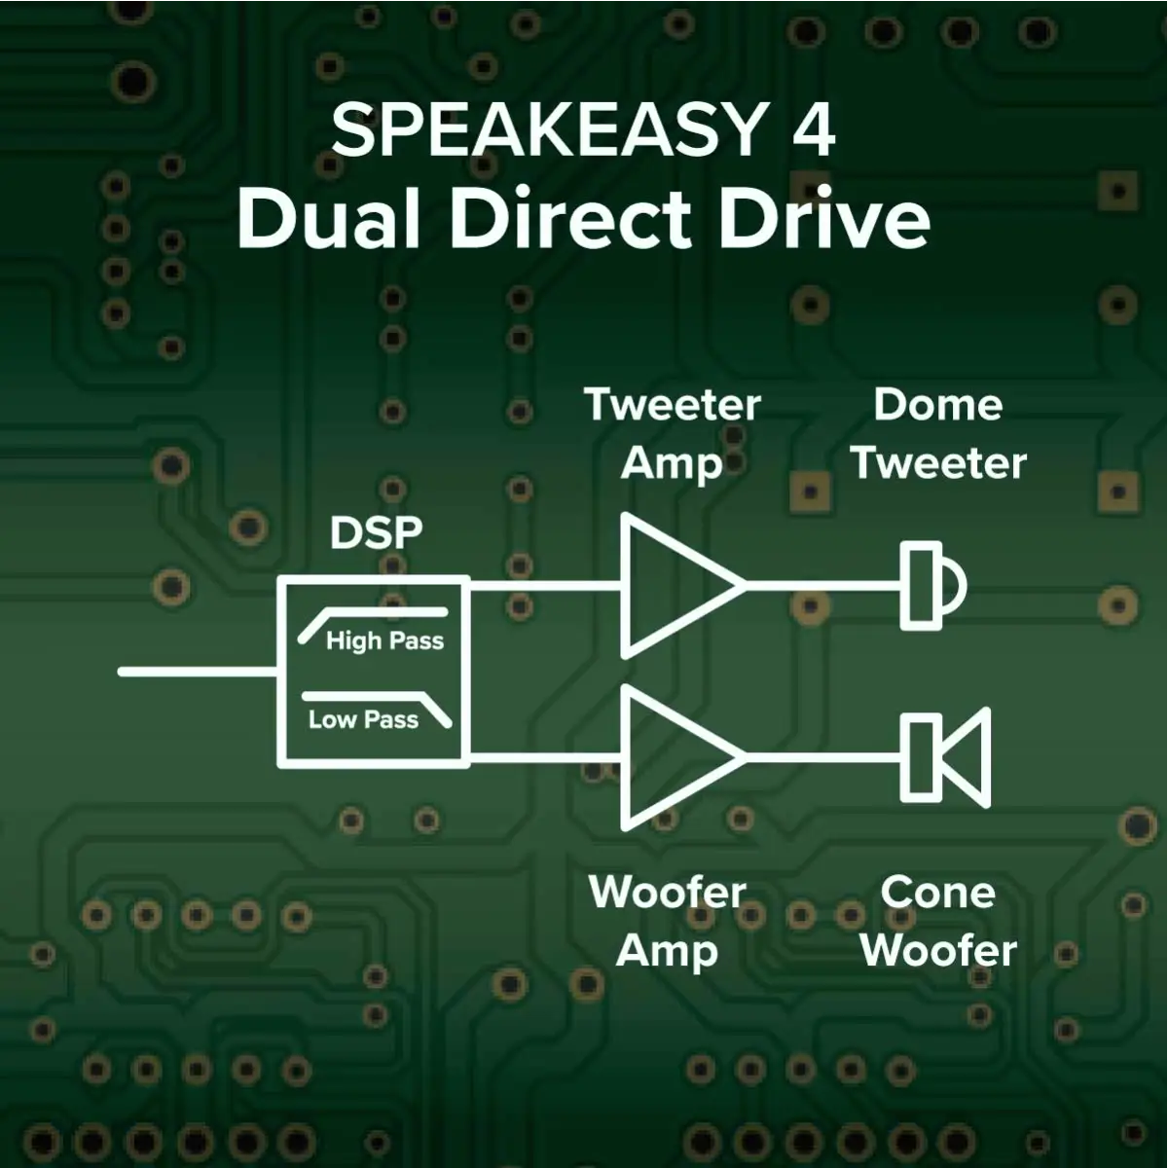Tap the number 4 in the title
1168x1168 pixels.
pos(813,130)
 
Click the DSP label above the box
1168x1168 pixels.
pos(376,532)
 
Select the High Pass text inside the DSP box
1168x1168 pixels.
pos(384,640)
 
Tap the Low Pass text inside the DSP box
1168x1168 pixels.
pos(363,719)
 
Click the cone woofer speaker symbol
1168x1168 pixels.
pos(945,756)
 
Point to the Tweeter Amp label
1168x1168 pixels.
pos(673,434)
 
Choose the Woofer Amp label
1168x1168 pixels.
pos(668,921)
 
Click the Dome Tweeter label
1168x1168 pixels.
pos(939,434)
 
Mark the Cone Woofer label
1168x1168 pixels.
pos(938,921)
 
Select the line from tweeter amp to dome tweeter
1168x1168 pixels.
pos(822,586)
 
